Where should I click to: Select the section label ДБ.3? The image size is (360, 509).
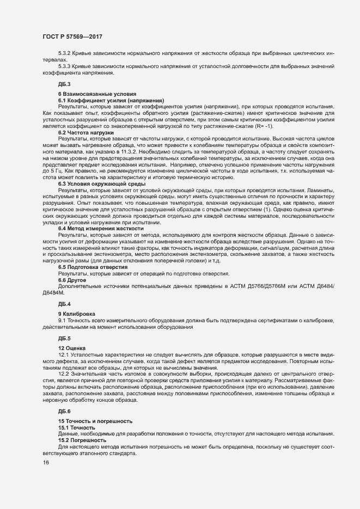pos(64,83)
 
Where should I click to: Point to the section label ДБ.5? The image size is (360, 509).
pos(64,338)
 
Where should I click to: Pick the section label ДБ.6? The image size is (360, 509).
pos(64,410)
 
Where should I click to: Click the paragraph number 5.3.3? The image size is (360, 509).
pos(65,66)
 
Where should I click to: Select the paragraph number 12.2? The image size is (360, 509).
pos(64,373)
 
